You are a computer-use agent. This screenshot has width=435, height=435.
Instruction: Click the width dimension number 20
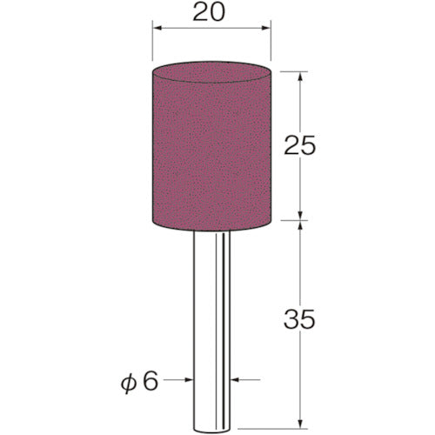pos(211,14)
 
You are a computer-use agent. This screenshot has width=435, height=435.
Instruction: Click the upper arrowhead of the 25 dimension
pos(299,75)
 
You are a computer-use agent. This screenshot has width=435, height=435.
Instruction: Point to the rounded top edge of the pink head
pos(211,64)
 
